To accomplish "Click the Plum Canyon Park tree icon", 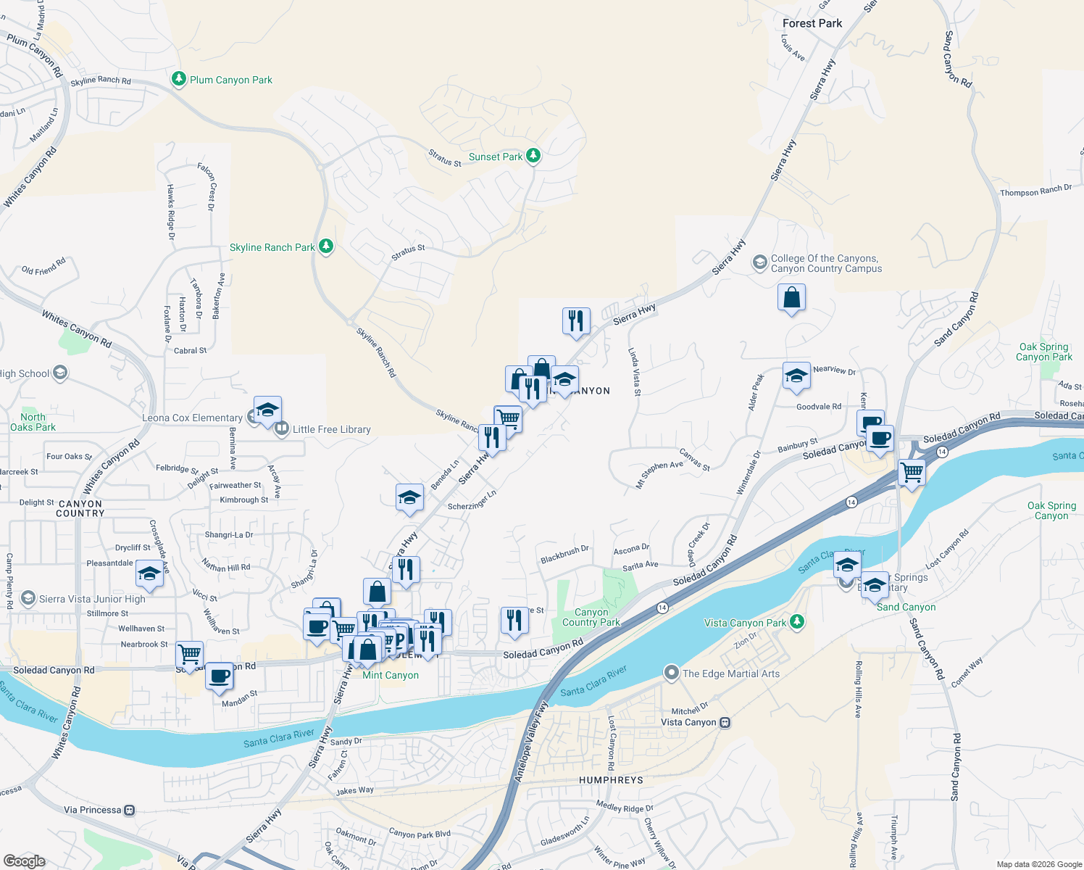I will [x=178, y=79].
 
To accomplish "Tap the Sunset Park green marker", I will [x=533, y=156].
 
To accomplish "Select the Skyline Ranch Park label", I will [x=272, y=248].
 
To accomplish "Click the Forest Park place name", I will [x=812, y=23].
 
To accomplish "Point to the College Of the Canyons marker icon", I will [x=759, y=262].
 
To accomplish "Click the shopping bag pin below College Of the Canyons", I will [x=791, y=297].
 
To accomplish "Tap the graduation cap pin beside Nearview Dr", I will [x=796, y=376].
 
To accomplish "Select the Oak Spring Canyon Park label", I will [x=1043, y=352].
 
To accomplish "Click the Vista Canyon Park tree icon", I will [x=797, y=622].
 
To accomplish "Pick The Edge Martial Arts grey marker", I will [x=672, y=673].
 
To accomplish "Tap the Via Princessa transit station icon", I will [x=130, y=810].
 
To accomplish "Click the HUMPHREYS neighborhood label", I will [x=611, y=780].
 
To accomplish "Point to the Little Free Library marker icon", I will [x=281, y=429].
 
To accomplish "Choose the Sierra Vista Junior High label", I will [x=92, y=599].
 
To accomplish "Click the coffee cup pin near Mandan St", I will [x=219, y=676].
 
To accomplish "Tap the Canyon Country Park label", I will [x=591, y=617].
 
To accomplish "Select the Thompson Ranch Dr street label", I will [x=1035, y=191].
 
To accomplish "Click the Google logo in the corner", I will [x=24, y=861].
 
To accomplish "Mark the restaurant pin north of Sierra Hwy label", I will [x=576, y=320].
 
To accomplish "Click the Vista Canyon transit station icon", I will [x=725, y=722].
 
